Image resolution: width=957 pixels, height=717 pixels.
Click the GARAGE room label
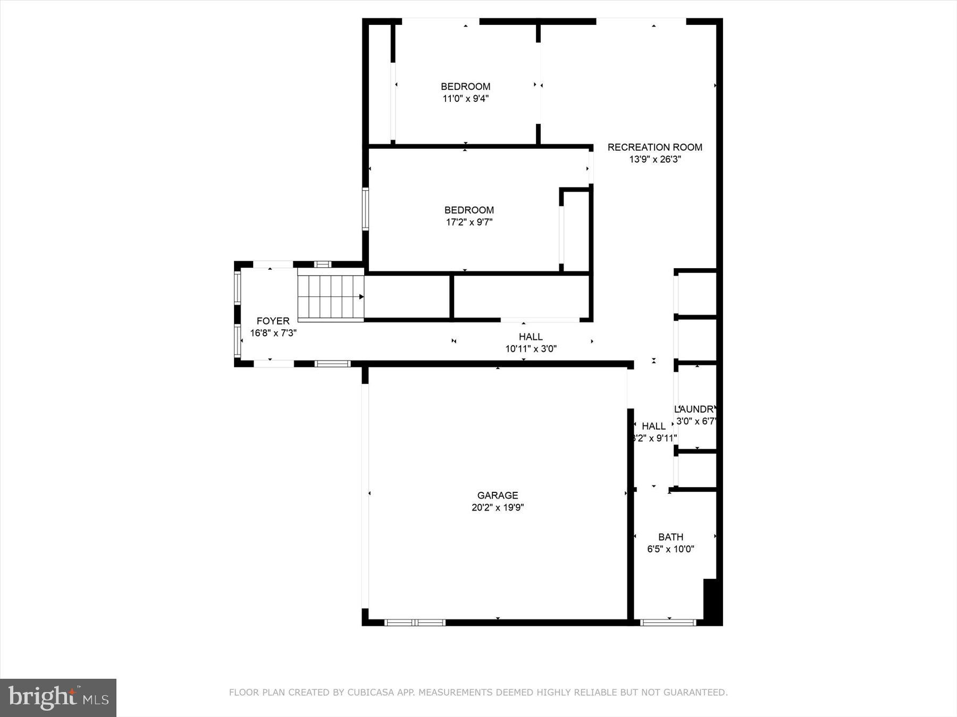point(497,495)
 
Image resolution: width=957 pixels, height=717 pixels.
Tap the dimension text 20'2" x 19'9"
point(497,507)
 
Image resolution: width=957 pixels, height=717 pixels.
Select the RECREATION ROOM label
point(654,147)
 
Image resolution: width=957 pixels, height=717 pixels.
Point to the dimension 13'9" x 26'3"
point(654,159)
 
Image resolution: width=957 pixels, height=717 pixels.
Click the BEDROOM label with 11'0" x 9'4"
point(465,86)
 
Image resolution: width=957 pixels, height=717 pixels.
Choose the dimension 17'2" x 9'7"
point(469,222)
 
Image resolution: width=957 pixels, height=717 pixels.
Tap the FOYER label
point(273,321)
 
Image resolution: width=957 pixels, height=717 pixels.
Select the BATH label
point(670,537)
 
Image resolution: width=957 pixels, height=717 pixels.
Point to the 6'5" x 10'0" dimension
point(670,549)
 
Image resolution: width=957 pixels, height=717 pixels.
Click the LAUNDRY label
point(695,409)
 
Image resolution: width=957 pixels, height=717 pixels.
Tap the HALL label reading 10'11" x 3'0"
point(531,337)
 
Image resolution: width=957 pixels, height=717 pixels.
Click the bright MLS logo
point(58,697)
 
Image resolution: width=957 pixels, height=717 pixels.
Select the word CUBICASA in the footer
point(367,693)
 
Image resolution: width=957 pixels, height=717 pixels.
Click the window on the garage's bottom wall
point(415,622)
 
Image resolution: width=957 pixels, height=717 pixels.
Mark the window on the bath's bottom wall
point(668,622)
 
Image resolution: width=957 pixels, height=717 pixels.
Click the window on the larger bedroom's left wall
point(365,209)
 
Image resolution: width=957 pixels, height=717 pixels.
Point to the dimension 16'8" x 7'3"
point(273,333)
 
